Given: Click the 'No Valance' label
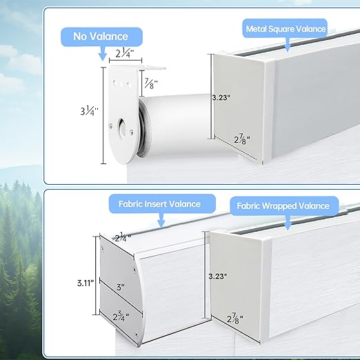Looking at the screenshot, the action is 101,37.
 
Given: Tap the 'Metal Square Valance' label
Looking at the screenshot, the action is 286,29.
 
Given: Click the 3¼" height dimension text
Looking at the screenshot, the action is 89,111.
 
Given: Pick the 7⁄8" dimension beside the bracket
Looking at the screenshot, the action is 150,84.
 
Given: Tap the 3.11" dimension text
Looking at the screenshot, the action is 86,283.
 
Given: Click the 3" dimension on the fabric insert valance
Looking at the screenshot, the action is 121,287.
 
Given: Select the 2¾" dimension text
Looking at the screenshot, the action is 121,317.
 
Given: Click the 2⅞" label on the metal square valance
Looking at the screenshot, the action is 242,139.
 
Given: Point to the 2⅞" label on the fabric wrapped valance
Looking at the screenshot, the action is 234,319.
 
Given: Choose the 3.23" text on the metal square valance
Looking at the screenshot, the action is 221,98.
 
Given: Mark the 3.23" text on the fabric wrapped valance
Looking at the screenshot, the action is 217,276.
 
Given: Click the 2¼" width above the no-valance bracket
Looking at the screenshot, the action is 125,54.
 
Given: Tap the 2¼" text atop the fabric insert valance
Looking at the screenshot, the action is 123,238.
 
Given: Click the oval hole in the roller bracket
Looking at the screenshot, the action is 122,127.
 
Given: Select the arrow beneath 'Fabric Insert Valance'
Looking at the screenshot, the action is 161,220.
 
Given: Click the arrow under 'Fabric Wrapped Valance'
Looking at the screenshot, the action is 288,223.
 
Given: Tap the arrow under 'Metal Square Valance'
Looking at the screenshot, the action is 288,45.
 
